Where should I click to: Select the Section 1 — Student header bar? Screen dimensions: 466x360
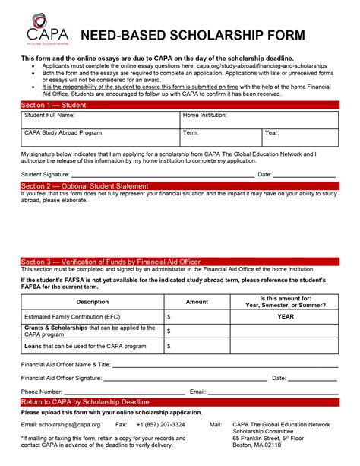point(180,104)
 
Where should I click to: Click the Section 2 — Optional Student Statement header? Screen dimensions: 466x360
point(180,185)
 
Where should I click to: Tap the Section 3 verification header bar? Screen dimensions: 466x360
point(180,262)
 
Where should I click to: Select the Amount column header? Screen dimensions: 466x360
point(197,302)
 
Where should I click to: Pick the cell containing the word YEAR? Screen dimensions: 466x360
point(285,316)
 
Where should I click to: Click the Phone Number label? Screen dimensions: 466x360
point(42,392)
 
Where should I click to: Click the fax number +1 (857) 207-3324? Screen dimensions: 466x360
point(160,424)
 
